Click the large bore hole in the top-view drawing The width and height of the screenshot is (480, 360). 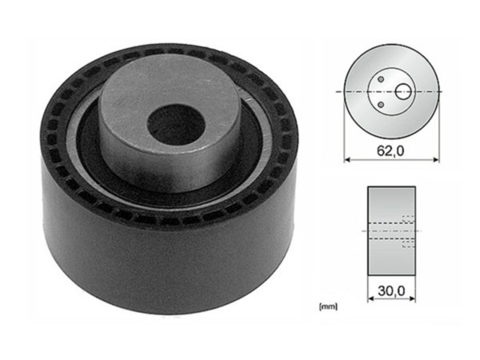(402, 92)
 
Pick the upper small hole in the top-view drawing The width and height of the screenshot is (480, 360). (384, 80)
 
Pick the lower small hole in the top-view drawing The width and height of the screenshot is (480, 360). (384, 105)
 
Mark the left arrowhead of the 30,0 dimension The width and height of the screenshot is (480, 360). (370, 301)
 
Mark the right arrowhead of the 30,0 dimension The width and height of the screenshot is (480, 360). (413, 301)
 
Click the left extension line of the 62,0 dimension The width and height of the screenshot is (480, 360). (344, 136)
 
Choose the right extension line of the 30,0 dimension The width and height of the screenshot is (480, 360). (415, 288)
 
